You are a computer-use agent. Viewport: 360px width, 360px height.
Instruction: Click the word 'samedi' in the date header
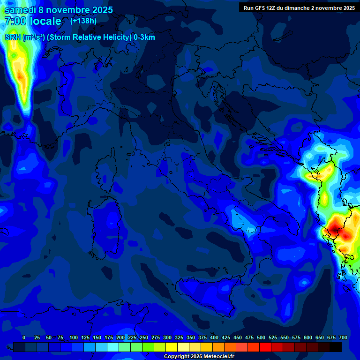point(20,10)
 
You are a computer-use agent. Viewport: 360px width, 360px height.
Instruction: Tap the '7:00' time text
point(15,21)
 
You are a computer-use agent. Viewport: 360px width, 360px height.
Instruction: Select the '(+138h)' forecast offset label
point(83,21)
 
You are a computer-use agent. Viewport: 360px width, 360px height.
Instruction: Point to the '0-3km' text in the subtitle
point(144,37)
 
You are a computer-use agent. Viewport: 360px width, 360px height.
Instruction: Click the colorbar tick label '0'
point(24,337)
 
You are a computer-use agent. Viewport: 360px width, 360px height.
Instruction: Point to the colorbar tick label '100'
point(74,337)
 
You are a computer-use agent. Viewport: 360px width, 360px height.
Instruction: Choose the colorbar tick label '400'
point(214,337)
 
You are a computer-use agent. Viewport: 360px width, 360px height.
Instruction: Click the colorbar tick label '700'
point(343,337)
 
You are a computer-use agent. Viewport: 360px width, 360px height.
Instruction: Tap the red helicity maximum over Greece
point(336,227)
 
